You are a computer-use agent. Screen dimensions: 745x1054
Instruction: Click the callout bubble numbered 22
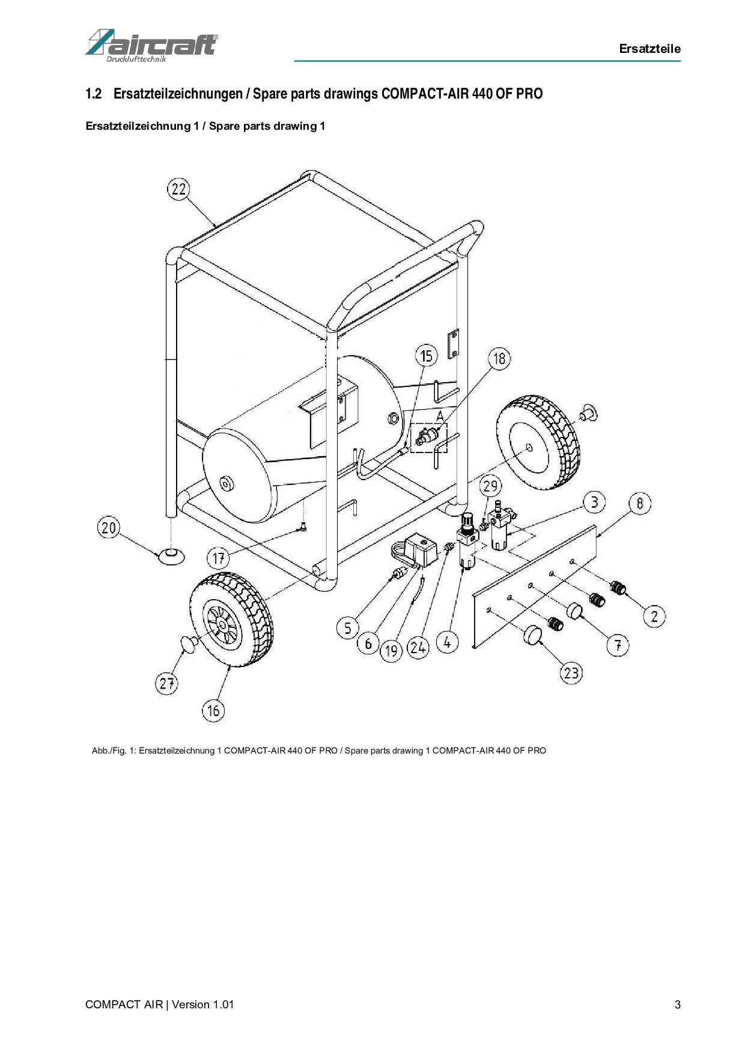tap(178, 189)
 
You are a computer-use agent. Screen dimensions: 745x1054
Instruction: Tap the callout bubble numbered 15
tap(426, 356)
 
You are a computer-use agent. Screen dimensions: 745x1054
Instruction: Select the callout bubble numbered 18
tap(499, 359)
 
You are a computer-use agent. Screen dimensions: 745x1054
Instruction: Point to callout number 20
tap(109, 528)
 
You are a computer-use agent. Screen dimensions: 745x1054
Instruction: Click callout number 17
tap(218, 558)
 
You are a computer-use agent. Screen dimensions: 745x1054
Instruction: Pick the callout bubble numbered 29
tap(491, 486)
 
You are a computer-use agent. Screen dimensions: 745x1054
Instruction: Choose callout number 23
tap(571, 672)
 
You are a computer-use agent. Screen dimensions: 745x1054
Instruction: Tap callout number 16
tap(213, 711)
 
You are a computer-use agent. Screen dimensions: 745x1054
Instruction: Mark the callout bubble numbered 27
tap(167, 683)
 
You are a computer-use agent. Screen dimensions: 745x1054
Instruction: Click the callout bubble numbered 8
tap(640, 503)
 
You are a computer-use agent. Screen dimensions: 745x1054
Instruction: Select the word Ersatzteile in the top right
tap(650, 49)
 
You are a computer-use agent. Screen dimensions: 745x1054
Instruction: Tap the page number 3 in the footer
tap(678, 1005)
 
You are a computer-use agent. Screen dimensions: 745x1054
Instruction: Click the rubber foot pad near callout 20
tap(171, 555)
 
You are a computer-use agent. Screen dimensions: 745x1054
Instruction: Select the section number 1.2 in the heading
tap(93, 94)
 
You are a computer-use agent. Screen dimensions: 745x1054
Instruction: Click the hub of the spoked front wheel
tap(222, 626)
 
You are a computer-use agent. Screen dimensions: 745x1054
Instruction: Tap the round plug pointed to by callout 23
tap(533, 635)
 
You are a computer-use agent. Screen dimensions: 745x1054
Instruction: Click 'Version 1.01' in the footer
tap(202, 1005)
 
